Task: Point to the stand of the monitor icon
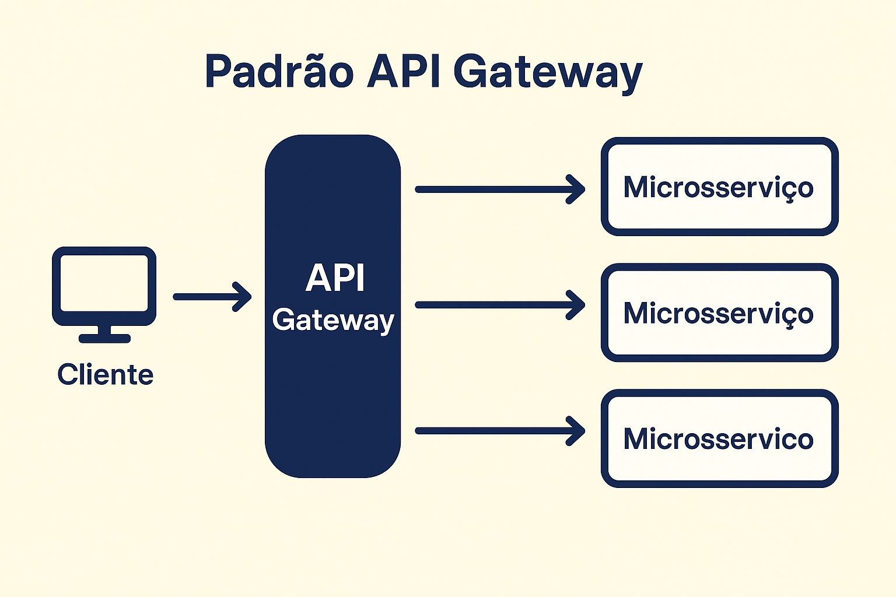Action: [x=104, y=334]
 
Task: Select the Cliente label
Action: [x=106, y=374]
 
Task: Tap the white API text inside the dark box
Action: [x=335, y=278]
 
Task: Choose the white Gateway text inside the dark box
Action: [x=333, y=320]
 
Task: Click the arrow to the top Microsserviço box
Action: [x=499, y=189]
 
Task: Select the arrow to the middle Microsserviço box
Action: [x=499, y=305]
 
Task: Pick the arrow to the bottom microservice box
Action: [x=499, y=431]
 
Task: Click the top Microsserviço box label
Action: [x=718, y=187]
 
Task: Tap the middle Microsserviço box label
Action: [x=718, y=313]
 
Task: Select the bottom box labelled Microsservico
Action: [x=718, y=438]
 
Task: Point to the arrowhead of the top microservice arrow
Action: [x=578, y=189]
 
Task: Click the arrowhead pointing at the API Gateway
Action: [x=244, y=297]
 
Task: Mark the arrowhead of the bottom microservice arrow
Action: [x=578, y=431]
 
